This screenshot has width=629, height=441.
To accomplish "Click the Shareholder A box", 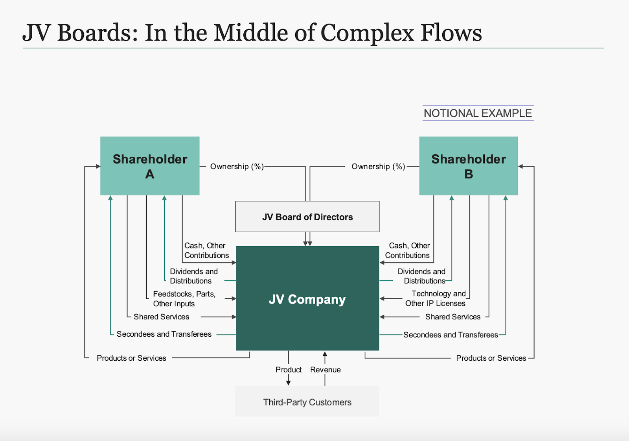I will click(x=150, y=166).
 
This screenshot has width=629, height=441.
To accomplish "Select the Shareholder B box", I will click(x=468, y=166).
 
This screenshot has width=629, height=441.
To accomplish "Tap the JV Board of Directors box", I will click(x=307, y=217).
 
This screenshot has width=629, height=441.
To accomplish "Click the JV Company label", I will click(x=307, y=299).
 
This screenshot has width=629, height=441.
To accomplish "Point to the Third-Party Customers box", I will click(x=307, y=402).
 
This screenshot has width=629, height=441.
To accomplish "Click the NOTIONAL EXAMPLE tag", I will click(x=478, y=113).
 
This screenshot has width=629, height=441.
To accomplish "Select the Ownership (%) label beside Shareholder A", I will click(x=237, y=167).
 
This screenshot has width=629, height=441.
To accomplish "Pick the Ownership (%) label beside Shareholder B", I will click(x=378, y=167).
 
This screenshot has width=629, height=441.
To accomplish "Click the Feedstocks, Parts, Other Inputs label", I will click(x=184, y=299).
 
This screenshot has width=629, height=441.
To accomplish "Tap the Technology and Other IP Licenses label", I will click(x=436, y=298).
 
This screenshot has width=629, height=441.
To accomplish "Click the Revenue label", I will click(x=325, y=370).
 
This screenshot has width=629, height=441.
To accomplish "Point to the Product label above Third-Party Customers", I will click(x=289, y=370).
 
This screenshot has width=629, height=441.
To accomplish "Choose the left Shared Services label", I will click(x=161, y=317).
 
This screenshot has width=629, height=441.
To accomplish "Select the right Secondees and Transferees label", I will click(x=451, y=335).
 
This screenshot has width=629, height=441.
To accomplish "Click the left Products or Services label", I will click(x=131, y=358).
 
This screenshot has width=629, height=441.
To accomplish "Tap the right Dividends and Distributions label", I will click(x=421, y=276).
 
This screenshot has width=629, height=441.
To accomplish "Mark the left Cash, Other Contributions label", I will click(x=206, y=250).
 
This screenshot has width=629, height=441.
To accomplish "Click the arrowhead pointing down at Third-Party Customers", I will click(x=289, y=382).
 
